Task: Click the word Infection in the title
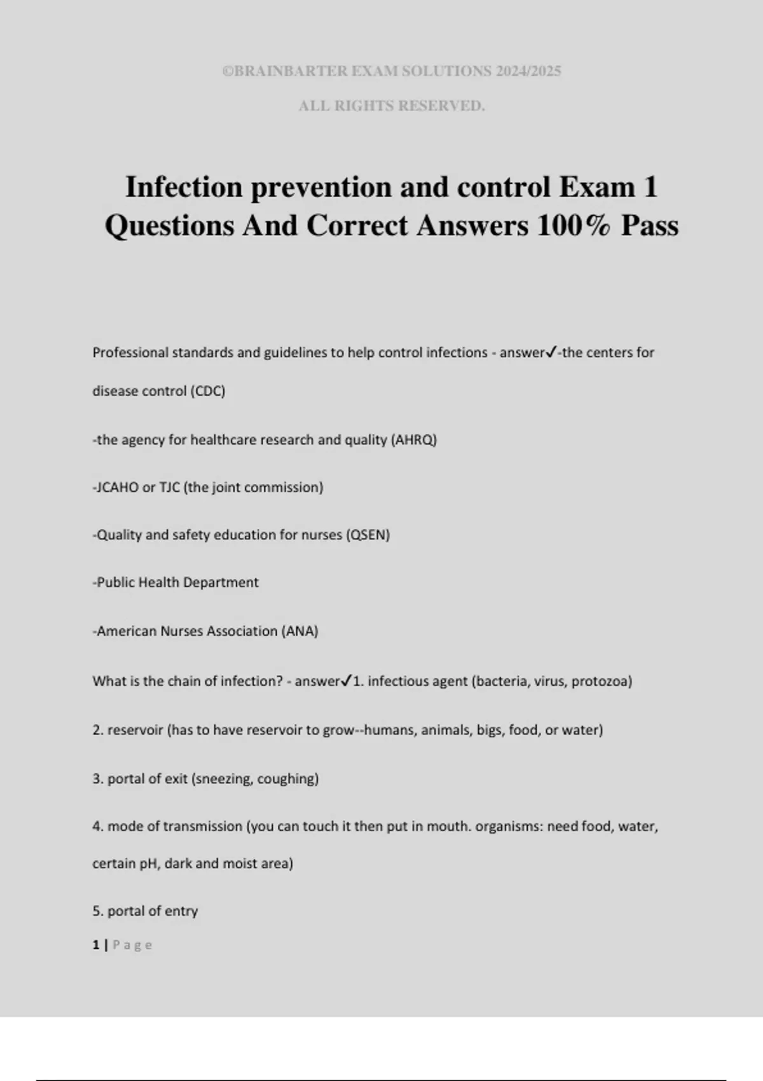[x=184, y=187]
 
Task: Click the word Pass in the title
[x=649, y=226]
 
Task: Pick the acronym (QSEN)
[x=368, y=535]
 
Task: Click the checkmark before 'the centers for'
[x=551, y=352]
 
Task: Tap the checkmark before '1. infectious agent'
[x=347, y=681]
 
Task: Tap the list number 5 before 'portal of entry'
[x=97, y=911]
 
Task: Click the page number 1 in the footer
[x=96, y=945]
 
